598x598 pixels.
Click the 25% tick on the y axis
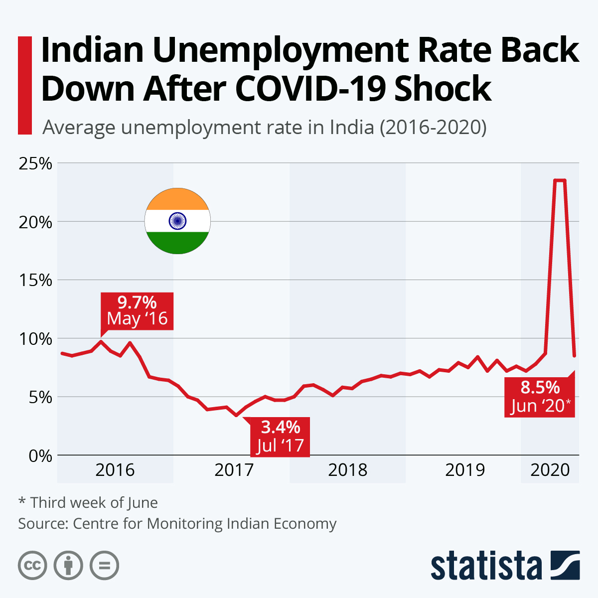35,163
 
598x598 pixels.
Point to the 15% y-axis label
35,280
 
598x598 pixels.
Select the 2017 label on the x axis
234,469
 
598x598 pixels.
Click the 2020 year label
550,469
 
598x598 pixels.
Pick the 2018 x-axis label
347,469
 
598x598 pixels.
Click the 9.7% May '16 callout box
137,311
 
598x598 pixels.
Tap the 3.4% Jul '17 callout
280,436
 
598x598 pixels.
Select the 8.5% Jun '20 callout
540,397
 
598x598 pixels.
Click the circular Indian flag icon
177,221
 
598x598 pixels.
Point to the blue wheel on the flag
177,221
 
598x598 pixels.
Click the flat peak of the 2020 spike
560,180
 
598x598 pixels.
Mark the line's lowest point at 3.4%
236,415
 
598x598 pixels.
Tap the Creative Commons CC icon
32,566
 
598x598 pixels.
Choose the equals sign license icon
104,566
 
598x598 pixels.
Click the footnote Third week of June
94,502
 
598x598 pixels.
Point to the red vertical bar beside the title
24,85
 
